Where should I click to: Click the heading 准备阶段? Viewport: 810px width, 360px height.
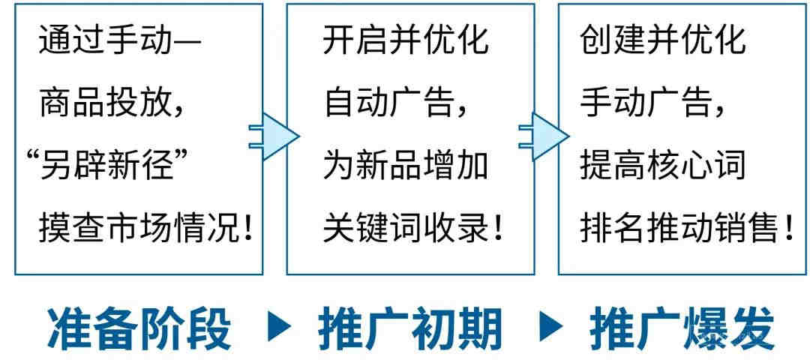[x=139, y=328]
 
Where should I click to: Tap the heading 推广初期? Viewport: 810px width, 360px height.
[x=410, y=328]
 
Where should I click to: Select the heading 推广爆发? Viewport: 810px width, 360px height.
[x=682, y=328]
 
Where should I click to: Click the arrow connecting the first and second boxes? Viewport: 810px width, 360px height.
[x=274, y=136]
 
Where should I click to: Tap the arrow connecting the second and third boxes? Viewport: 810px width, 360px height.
[x=544, y=136]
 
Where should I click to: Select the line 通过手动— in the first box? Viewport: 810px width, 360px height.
[x=120, y=40]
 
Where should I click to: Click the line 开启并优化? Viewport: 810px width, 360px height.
[x=406, y=40]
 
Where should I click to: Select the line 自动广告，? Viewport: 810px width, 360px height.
[x=397, y=103]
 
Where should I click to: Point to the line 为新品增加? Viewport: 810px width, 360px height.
[x=406, y=165]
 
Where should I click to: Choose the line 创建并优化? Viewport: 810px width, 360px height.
[x=663, y=40]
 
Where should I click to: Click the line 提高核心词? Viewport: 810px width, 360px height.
[x=663, y=165]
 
